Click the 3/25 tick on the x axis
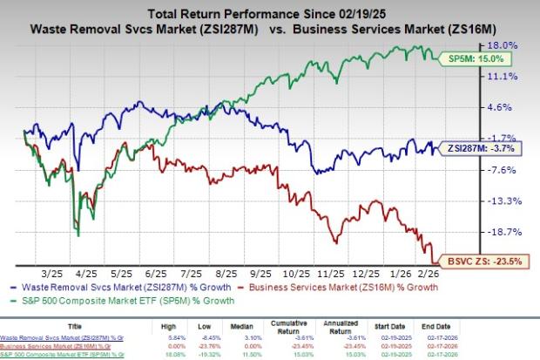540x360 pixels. pyautogui.click(x=49, y=270)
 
